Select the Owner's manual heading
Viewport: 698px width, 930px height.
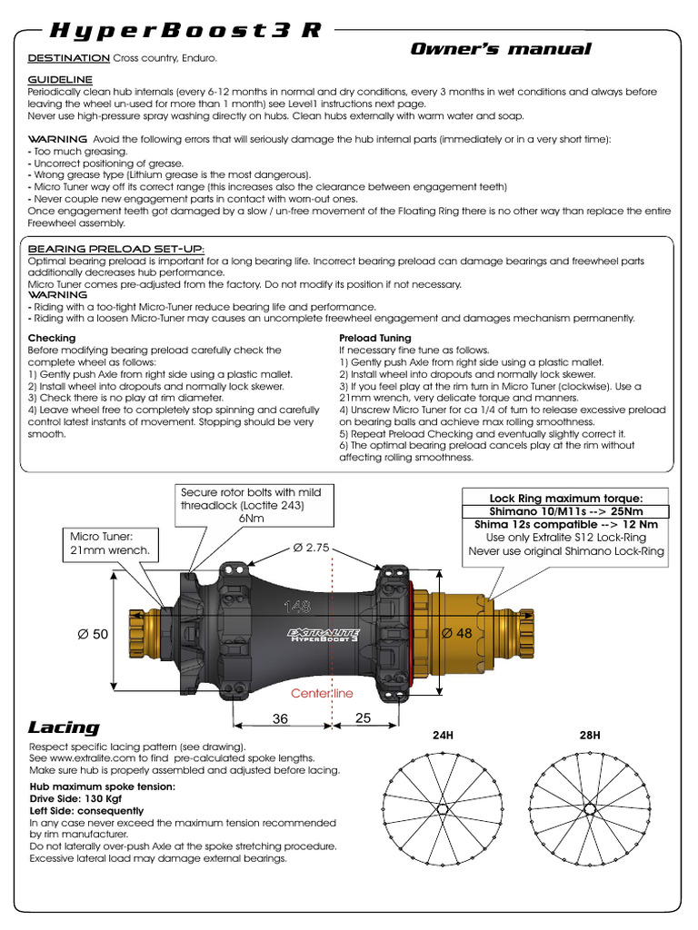501,49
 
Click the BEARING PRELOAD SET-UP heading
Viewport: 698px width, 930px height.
116,249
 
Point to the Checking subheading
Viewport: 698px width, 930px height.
52,338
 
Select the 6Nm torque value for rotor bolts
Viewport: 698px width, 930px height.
251,517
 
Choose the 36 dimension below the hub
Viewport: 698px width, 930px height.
281,717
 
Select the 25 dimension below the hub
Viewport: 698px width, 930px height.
363,717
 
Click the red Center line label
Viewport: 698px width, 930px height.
322,693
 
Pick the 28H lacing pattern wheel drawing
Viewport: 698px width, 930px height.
590,807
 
